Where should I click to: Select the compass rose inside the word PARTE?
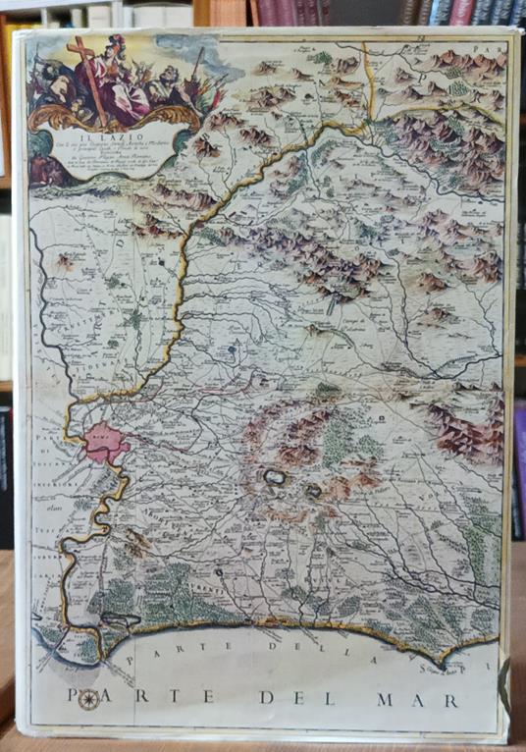point(88,699)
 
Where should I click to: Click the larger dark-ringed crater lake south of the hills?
point(274,479)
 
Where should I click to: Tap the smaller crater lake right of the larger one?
point(314,490)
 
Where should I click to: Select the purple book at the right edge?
point(519,452)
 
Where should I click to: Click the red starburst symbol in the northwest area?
point(66,262)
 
